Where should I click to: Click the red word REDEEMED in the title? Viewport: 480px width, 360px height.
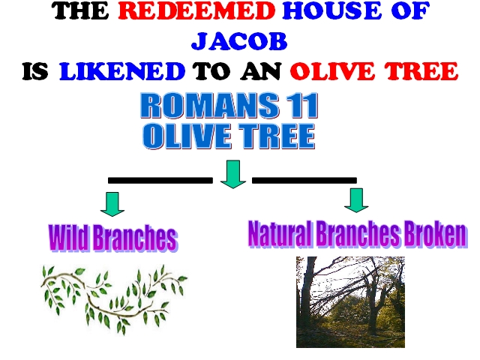196,10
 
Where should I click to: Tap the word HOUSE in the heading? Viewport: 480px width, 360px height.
332,10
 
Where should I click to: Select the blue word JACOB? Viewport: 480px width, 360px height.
239,41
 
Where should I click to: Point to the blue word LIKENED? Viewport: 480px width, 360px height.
122,71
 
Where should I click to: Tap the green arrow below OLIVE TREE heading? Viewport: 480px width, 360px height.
233,174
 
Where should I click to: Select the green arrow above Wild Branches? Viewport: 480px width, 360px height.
112,204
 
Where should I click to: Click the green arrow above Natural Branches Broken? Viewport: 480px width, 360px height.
356,200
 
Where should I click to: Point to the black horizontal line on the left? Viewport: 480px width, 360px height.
160,180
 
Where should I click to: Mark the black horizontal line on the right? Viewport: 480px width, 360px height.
304,180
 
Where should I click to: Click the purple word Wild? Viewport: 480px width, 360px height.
68,238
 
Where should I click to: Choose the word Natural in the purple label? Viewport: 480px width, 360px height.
280,234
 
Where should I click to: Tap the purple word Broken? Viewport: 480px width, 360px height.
436,234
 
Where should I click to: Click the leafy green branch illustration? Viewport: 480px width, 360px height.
114,299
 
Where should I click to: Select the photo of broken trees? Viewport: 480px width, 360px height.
350,302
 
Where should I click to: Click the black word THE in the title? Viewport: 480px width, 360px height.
80,10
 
